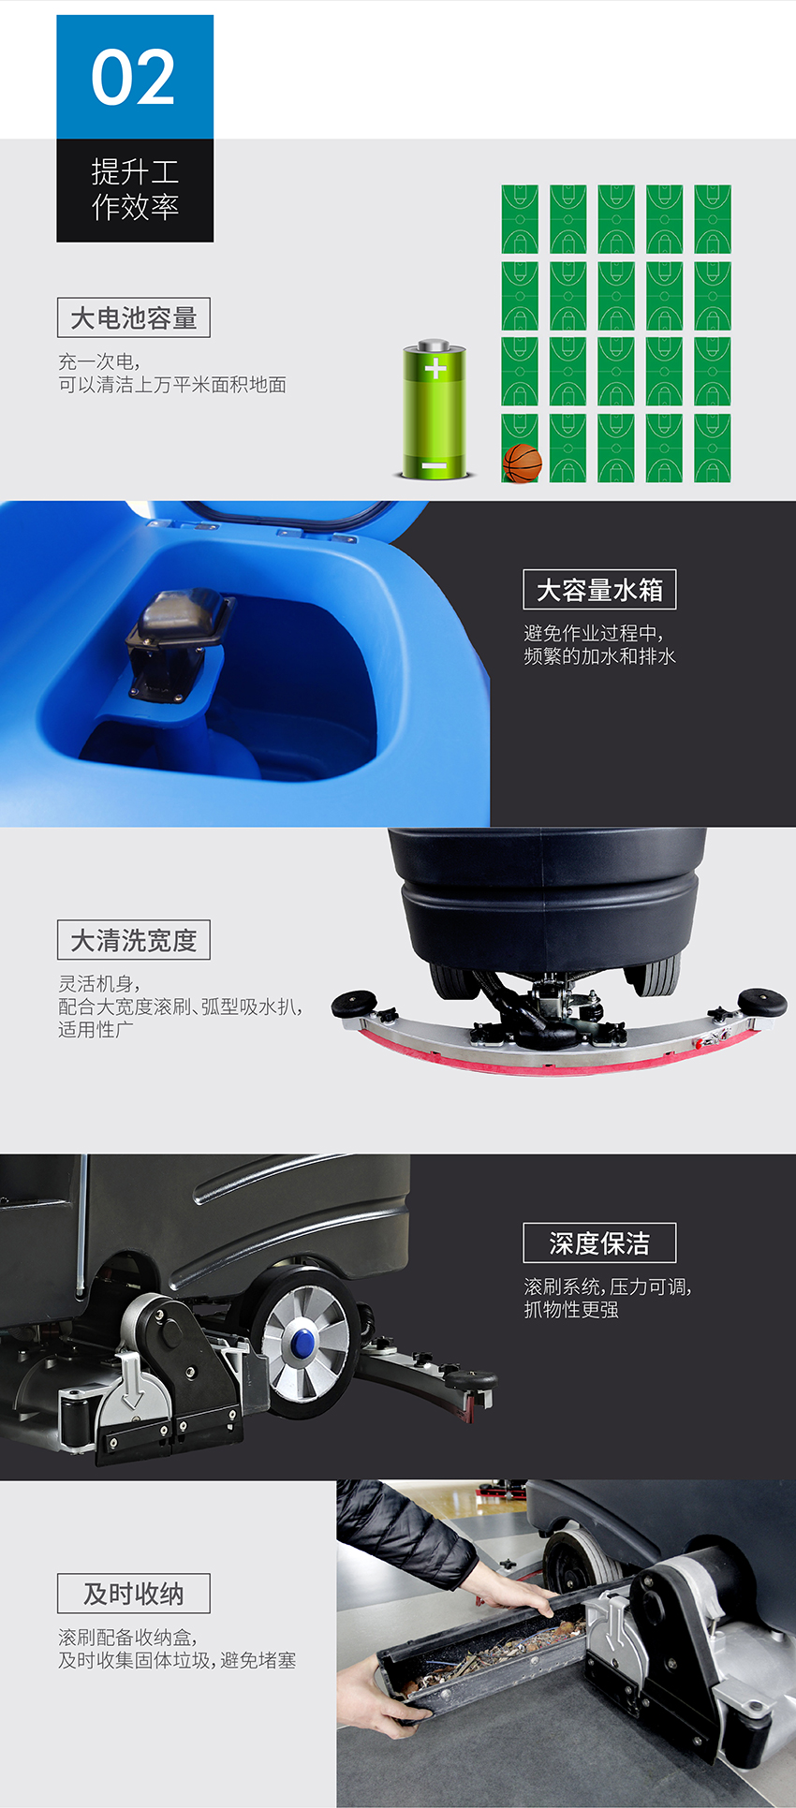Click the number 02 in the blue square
click(133, 78)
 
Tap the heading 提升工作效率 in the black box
click(135, 189)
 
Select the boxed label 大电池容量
click(134, 318)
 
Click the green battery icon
click(435, 410)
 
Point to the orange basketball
click(523, 463)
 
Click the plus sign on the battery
click(435, 367)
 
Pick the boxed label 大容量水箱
click(599, 590)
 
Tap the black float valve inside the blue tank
click(177, 645)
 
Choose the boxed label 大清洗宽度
click(134, 940)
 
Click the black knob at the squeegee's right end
click(762, 1001)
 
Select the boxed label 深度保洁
click(599, 1243)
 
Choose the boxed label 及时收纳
click(134, 1594)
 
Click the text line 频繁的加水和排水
click(599, 656)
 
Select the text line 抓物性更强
click(571, 1310)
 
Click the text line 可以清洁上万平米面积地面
click(172, 385)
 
